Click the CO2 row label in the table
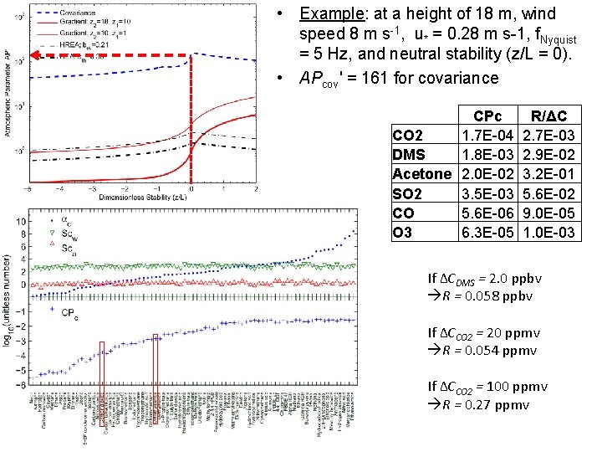pos(408,135)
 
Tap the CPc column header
pos(487,116)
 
